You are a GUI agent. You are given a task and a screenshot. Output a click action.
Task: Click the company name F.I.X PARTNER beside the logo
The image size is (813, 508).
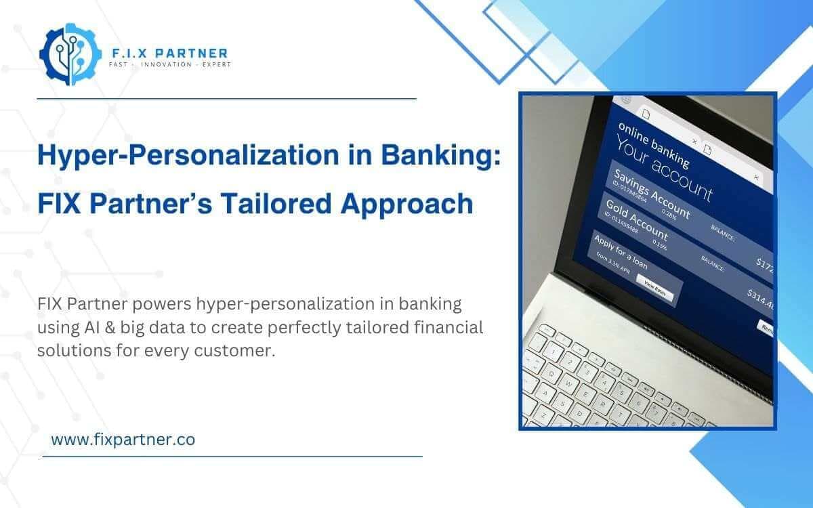168,53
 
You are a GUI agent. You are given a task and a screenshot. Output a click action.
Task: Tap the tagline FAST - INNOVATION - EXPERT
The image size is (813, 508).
169,65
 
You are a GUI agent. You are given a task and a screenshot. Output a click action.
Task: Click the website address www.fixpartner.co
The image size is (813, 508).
123,439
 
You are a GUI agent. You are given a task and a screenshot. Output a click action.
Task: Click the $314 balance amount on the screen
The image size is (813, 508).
762,298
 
